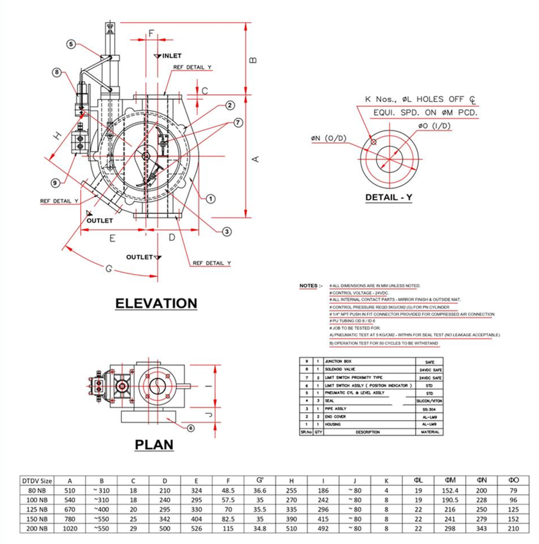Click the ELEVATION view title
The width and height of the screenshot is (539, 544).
[x=157, y=303]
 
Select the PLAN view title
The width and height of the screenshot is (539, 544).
[x=154, y=444]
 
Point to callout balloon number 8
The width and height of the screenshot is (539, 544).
[x=57, y=72]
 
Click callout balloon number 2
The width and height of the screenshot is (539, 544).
[x=230, y=106]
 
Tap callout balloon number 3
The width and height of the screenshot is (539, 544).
[x=227, y=231]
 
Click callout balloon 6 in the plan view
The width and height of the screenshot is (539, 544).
[x=191, y=428]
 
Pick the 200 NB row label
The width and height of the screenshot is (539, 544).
[x=35, y=528]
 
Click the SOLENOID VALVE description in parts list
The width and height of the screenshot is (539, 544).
[x=346, y=370]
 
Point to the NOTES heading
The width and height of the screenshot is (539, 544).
[x=310, y=285]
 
